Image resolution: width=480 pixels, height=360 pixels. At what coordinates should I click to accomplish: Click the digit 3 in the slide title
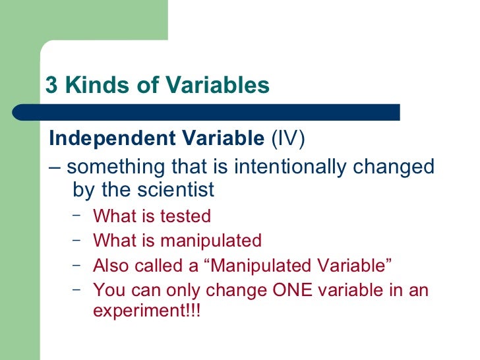point(51,86)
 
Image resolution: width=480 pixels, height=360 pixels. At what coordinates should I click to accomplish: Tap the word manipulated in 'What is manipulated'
point(210,241)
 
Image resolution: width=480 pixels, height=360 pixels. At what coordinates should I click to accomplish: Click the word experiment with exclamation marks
point(146,311)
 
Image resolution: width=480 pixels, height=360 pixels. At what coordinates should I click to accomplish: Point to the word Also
point(110,265)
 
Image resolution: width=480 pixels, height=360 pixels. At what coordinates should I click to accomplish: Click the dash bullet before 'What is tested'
point(78,214)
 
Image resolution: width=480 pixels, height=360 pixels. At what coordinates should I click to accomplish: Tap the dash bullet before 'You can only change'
point(78,288)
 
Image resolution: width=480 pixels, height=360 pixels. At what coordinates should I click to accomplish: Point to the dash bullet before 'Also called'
point(78,264)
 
